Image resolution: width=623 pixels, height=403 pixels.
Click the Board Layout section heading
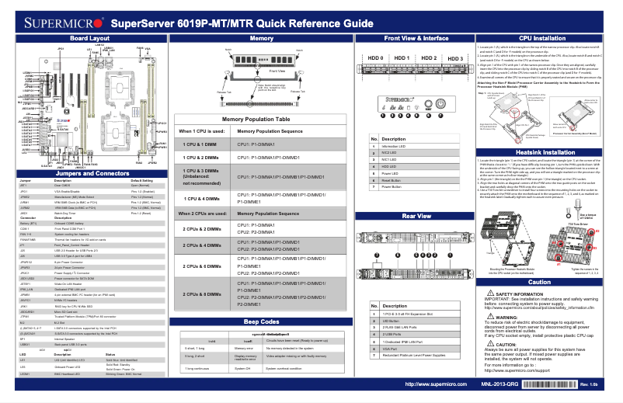coord(90,37)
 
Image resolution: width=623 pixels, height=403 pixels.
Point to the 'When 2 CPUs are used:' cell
coord(204,213)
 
